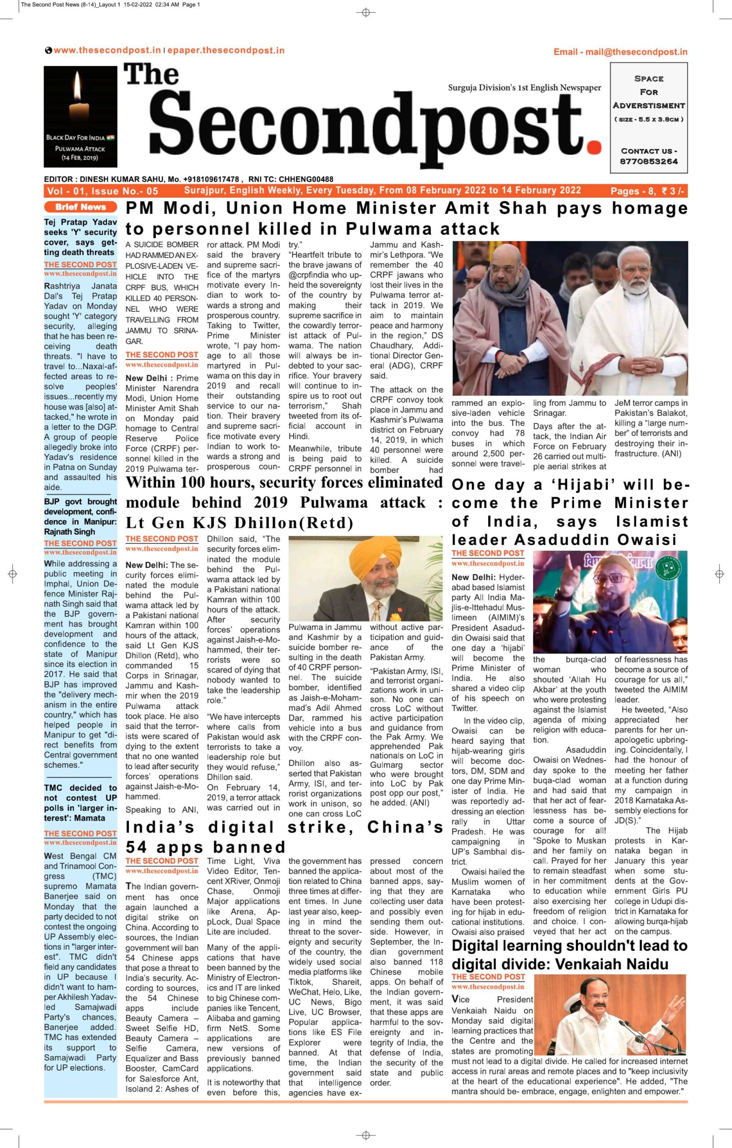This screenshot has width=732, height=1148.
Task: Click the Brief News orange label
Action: (x=80, y=207)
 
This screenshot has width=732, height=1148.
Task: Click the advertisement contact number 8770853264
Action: (x=649, y=161)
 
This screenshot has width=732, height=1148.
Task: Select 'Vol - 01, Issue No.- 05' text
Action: (x=102, y=191)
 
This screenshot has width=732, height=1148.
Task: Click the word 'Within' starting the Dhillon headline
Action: (x=157, y=483)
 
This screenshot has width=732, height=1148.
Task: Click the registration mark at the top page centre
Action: (x=366, y=13)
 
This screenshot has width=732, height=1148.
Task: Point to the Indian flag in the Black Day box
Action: (x=111, y=138)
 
